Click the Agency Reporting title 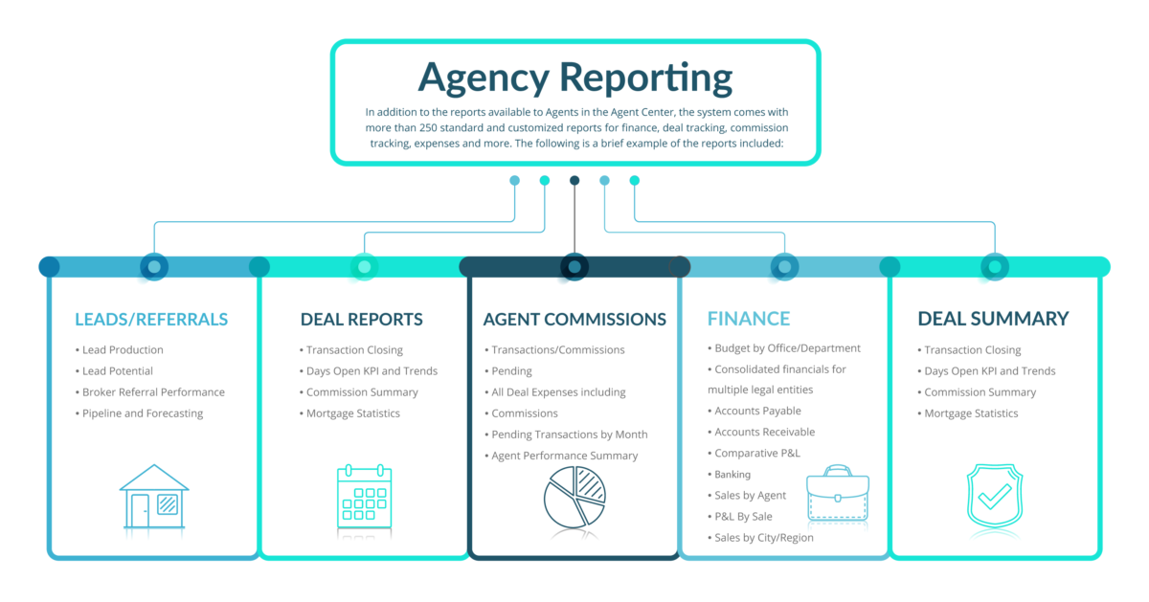[x=574, y=78]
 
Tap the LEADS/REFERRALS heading [x=151, y=319]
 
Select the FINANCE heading [x=749, y=319]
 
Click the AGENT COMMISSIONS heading [x=574, y=319]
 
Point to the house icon [x=154, y=497]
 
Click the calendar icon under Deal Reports [x=364, y=497]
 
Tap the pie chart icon [x=574, y=497]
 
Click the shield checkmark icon [x=995, y=497]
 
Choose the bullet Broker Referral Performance [x=153, y=392]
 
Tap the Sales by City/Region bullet [x=763, y=538]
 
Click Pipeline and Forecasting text [x=143, y=413]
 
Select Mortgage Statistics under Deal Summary [x=971, y=413]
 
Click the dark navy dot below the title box [x=574, y=180]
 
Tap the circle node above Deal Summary [x=995, y=266]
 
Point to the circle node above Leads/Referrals [x=154, y=266]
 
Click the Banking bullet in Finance [x=732, y=475]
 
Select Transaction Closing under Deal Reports [x=354, y=350]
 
